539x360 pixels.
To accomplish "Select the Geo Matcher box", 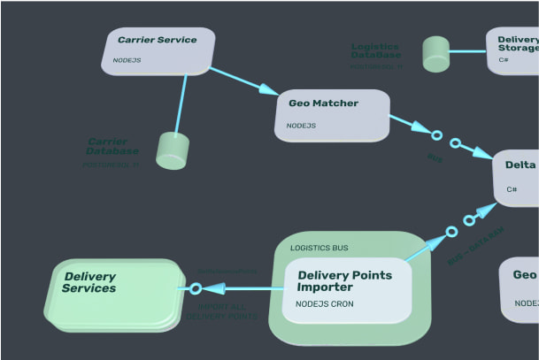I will point(335,114).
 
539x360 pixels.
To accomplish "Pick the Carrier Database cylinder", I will point(173,151).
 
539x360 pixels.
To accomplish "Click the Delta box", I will point(517,177).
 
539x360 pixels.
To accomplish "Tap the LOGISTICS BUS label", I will point(319,248).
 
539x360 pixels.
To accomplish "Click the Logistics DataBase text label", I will point(374,52).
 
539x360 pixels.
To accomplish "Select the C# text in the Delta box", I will point(512,189).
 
